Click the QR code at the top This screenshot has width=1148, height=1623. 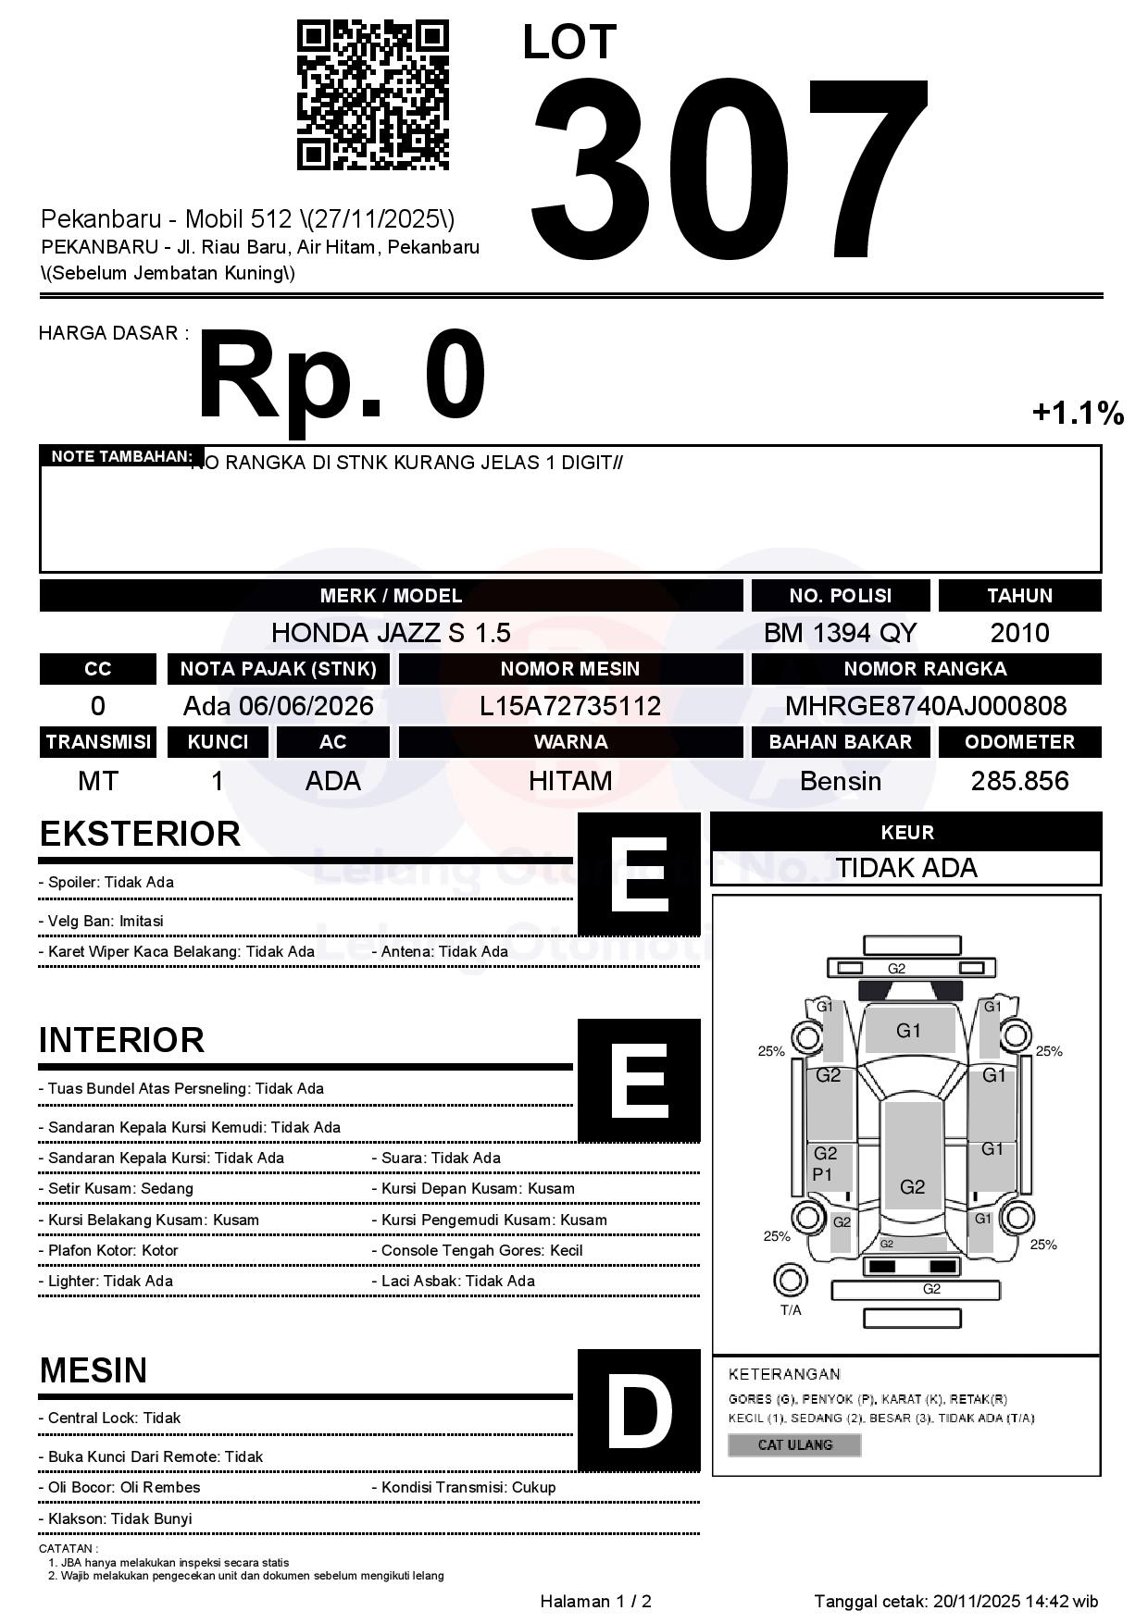click(x=372, y=95)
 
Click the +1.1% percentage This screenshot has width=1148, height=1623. click(x=1078, y=413)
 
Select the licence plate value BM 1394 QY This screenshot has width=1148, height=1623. click(x=840, y=633)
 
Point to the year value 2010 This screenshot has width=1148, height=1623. click(x=1019, y=633)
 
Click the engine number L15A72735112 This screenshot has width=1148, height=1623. click(x=570, y=706)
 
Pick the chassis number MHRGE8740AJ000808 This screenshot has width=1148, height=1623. click(x=926, y=706)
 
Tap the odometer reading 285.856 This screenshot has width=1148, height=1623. click(x=1019, y=781)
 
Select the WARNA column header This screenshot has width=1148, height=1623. click(x=570, y=742)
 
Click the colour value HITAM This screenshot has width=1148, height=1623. click(x=570, y=781)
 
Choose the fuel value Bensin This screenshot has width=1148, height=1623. click(x=840, y=781)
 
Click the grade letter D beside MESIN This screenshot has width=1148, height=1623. click(x=639, y=1410)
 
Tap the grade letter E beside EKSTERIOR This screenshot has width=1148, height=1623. click(x=639, y=874)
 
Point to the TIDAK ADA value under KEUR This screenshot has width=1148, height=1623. click(x=906, y=868)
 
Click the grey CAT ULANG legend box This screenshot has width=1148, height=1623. click(x=794, y=1444)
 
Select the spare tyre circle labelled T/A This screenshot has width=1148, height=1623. click(x=790, y=1281)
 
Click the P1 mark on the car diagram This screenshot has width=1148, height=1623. click(x=822, y=1174)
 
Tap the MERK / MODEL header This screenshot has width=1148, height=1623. click(x=391, y=596)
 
